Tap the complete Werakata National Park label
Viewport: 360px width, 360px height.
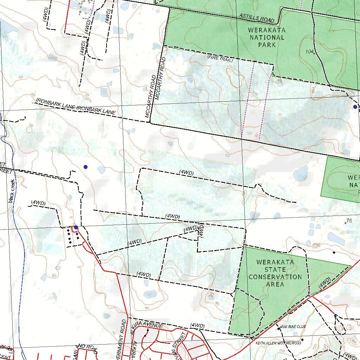click(x=266, y=37)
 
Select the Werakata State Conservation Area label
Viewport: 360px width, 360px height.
click(x=275, y=273)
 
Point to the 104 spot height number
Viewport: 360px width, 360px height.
click(x=309, y=52)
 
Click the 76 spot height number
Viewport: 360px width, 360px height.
click(x=349, y=221)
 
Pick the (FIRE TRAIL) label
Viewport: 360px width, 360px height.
click(x=220, y=58)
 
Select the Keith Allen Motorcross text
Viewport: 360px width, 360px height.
click(x=278, y=343)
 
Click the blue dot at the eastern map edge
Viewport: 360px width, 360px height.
click(x=355, y=107)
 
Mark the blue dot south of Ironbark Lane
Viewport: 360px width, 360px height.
click(x=85, y=167)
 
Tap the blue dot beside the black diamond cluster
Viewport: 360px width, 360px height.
click(x=76, y=227)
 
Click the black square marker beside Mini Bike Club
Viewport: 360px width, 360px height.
click(x=279, y=329)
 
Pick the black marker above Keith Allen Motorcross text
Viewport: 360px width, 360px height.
click(x=302, y=340)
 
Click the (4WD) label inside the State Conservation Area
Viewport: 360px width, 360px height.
click(x=324, y=283)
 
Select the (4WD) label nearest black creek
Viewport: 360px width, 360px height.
click(x=38, y=203)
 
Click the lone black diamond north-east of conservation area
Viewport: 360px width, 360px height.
click(x=334, y=252)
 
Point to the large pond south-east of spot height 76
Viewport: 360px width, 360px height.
click(x=336, y=238)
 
